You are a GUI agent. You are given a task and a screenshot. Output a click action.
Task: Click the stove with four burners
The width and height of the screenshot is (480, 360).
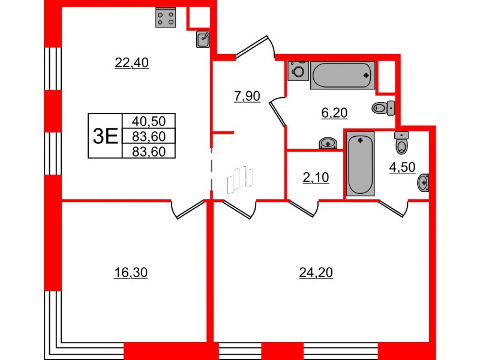pos(166,18)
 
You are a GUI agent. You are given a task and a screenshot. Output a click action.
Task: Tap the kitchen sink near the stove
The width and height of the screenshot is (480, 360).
pos(203,39)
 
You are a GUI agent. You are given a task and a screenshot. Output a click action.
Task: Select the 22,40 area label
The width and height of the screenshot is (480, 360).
pos(131,62)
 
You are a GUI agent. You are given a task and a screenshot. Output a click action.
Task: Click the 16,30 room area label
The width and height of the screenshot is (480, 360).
pos(131,273)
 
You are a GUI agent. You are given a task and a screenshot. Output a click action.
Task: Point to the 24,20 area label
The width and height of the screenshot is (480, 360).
pos(316,273)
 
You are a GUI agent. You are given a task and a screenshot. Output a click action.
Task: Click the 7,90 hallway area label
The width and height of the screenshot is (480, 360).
pos(247,96)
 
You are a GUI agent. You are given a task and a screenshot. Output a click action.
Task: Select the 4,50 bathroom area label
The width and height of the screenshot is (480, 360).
pos(402,167)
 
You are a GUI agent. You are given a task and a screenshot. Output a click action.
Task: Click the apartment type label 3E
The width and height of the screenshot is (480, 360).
pos(104,136)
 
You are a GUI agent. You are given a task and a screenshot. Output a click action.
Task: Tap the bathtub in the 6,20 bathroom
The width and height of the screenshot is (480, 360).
pos(343,76)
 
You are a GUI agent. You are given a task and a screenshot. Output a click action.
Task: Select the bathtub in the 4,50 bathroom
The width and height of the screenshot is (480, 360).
pos(360,163)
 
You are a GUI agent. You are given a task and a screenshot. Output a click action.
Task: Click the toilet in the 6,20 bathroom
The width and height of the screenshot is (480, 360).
pos(382,108)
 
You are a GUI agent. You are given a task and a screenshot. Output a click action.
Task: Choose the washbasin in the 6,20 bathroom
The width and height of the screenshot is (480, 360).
pos(327,143)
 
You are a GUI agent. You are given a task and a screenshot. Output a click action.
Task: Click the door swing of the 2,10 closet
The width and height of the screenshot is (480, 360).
pos(304,208)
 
